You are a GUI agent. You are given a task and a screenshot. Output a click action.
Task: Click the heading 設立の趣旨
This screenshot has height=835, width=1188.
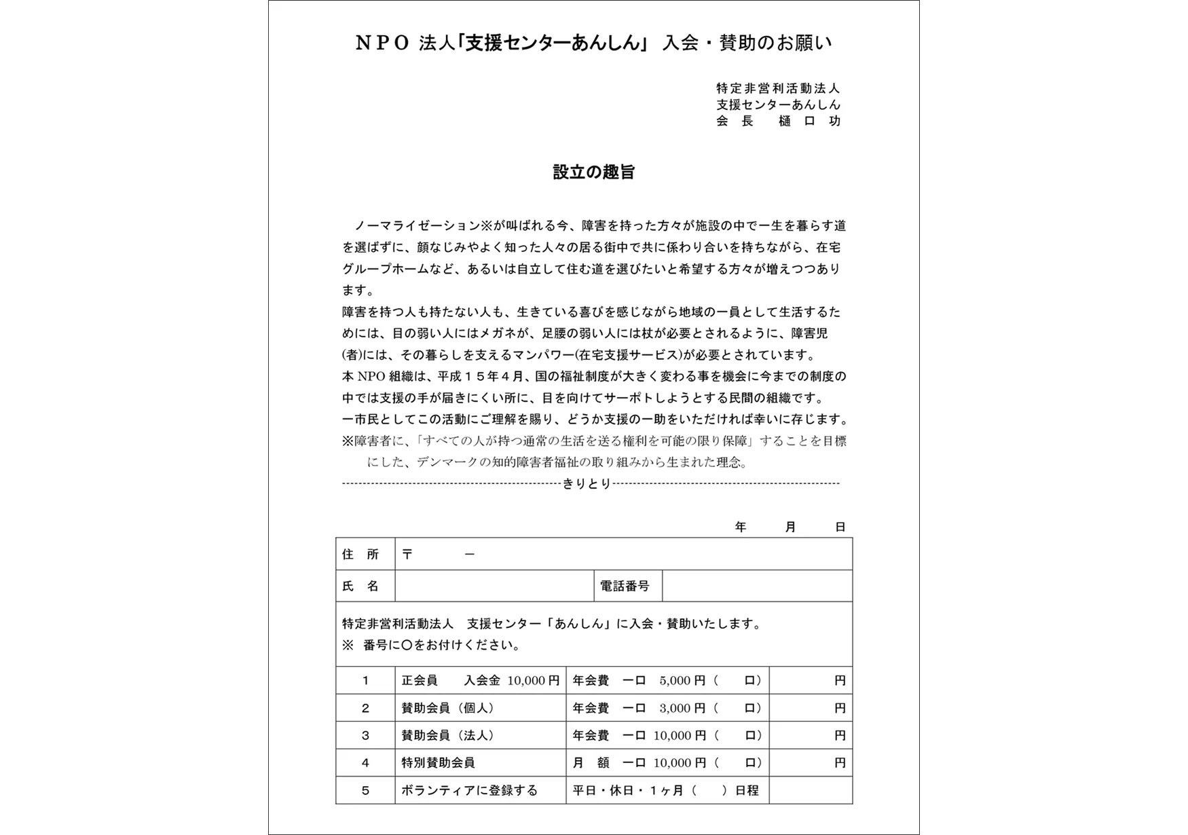click(x=593, y=172)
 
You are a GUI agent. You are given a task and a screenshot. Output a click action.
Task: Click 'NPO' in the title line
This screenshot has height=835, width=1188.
click(x=383, y=43)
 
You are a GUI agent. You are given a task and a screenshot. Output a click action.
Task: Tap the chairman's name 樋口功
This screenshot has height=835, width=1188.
click(x=810, y=121)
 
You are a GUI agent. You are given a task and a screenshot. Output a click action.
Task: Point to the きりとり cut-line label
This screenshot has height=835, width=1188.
click(x=587, y=484)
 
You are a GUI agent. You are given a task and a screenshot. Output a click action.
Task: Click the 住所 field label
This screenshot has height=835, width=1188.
click(x=360, y=555)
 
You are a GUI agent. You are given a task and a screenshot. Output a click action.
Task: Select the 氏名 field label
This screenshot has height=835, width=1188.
click(x=360, y=587)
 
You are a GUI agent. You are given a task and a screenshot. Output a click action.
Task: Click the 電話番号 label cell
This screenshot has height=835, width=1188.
click(x=625, y=587)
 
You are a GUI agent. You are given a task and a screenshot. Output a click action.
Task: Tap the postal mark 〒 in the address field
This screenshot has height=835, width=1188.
click(x=407, y=555)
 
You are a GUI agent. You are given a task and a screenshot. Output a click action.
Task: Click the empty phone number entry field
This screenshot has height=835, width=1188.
click(x=756, y=587)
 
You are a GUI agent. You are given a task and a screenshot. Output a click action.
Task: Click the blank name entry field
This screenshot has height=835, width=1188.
click(x=494, y=587)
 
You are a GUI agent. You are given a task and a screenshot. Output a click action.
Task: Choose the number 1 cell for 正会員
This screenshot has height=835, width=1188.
click(x=365, y=681)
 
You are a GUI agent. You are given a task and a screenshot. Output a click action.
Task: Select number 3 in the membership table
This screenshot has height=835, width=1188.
click(x=365, y=736)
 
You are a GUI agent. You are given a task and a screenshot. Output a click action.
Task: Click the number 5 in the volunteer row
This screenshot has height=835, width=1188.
click(x=365, y=791)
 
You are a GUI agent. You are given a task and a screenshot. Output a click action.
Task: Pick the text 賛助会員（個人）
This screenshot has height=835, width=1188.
click(x=448, y=709)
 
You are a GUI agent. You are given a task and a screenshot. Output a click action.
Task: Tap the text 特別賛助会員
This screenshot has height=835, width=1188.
click(x=438, y=763)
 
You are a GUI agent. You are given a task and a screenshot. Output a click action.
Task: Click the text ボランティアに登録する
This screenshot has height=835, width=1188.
click(x=469, y=791)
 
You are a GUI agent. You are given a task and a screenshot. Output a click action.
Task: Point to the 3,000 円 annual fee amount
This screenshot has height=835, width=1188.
click(x=682, y=709)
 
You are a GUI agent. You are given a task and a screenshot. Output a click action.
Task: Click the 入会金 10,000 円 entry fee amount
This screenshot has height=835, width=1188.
click(x=512, y=681)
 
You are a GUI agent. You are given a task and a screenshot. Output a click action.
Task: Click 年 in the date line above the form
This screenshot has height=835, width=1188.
click(x=741, y=527)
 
